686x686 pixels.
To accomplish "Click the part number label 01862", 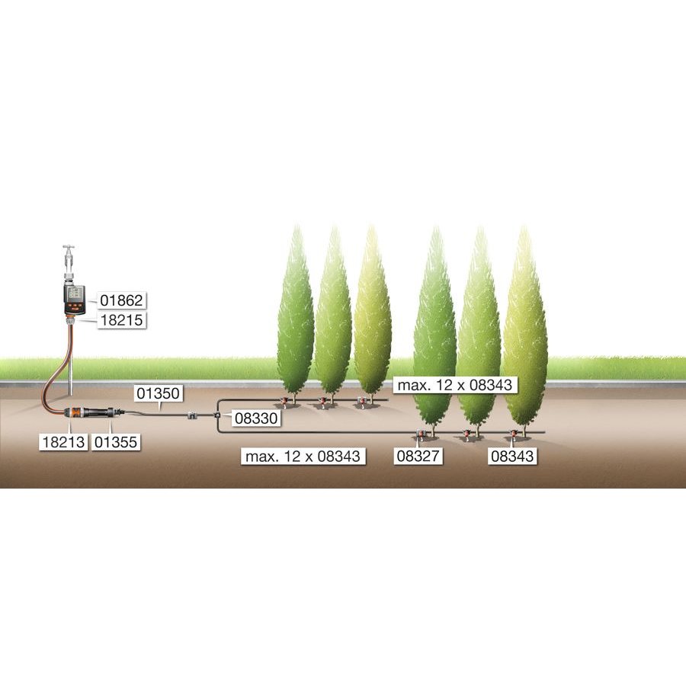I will coord(122,300).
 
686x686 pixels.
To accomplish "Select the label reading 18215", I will coord(122,322).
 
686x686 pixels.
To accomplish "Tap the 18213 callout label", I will coord(63,441).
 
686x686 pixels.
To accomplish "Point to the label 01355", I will coord(116,441).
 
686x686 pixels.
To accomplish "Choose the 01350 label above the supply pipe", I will coord(158,393).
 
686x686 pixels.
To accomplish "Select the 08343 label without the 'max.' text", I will coord(512,456).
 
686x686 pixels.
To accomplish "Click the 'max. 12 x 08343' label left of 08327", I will coord(303,456).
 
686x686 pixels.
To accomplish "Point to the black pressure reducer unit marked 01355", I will coord(103,413).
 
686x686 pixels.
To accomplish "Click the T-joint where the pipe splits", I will coord(217,415).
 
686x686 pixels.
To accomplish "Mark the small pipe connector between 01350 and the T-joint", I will coord(193,415).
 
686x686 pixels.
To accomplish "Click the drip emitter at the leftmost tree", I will coord(284,399).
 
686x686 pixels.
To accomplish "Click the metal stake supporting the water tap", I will coord(71,366).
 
